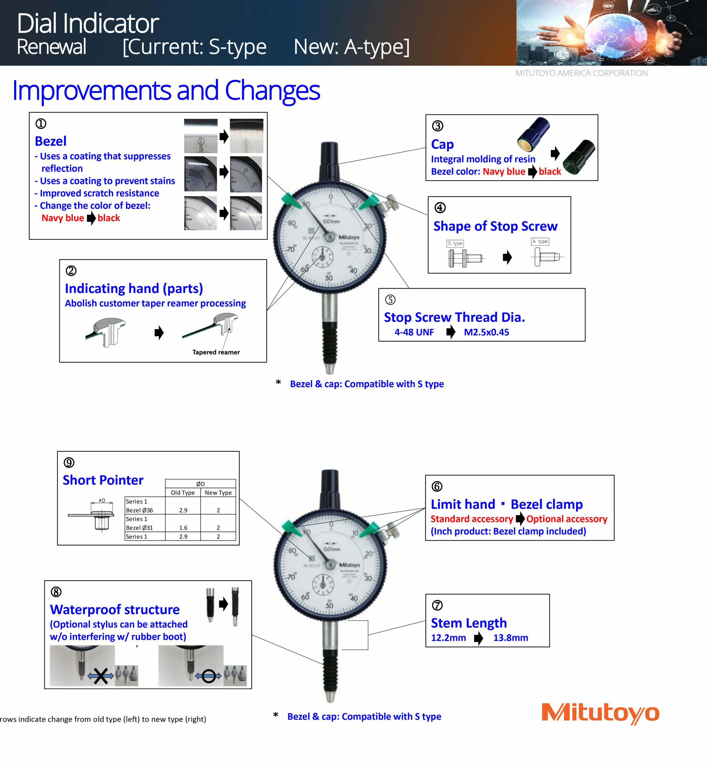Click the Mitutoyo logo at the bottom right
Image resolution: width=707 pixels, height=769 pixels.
[600, 713]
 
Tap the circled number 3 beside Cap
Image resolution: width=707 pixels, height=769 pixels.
[437, 126]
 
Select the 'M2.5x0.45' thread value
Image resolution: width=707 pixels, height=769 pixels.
[486, 332]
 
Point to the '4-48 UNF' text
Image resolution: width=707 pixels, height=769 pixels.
[414, 332]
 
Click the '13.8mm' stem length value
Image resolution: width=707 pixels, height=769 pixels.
[510, 638]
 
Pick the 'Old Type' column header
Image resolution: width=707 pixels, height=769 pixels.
[182, 493]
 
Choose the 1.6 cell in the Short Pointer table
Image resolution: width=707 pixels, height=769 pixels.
[183, 528]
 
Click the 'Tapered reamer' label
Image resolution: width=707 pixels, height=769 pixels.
[216, 352]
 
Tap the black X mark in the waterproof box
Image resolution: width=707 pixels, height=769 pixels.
[101, 676]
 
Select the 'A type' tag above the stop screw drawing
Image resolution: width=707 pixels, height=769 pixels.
[540, 241]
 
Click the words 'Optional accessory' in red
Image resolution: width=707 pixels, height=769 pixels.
[567, 519]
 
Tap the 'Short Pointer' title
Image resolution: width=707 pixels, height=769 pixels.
[103, 480]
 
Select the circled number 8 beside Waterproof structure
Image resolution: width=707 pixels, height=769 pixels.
[56, 592]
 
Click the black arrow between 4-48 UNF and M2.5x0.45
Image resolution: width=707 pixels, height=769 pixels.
[450, 332]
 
